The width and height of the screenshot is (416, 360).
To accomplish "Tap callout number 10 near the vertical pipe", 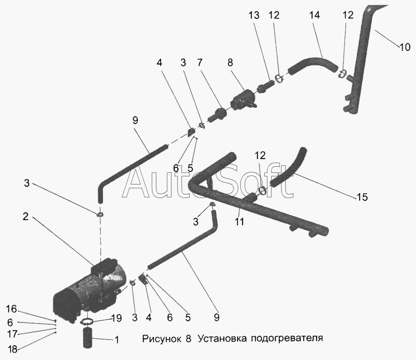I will pyautogui.click(x=405, y=47).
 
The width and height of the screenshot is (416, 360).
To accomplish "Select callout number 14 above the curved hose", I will pyautogui.click(x=315, y=16).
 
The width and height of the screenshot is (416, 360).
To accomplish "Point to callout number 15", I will pyautogui.click(x=362, y=197).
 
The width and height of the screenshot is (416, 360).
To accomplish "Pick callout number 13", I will pyautogui.click(x=254, y=16).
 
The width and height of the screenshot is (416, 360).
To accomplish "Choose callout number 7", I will pyautogui.click(x=200, y=63).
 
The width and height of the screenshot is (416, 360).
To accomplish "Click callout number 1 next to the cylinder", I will pyautogui.click(x=117, y=340).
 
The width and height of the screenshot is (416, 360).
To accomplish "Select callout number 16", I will pyautogui.click(x=12, y=308).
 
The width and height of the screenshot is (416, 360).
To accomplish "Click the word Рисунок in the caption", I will pyautogui.click(x=160, y=338).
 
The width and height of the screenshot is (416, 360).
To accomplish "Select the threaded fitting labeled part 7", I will pyautogui.click(x=218, y=113).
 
